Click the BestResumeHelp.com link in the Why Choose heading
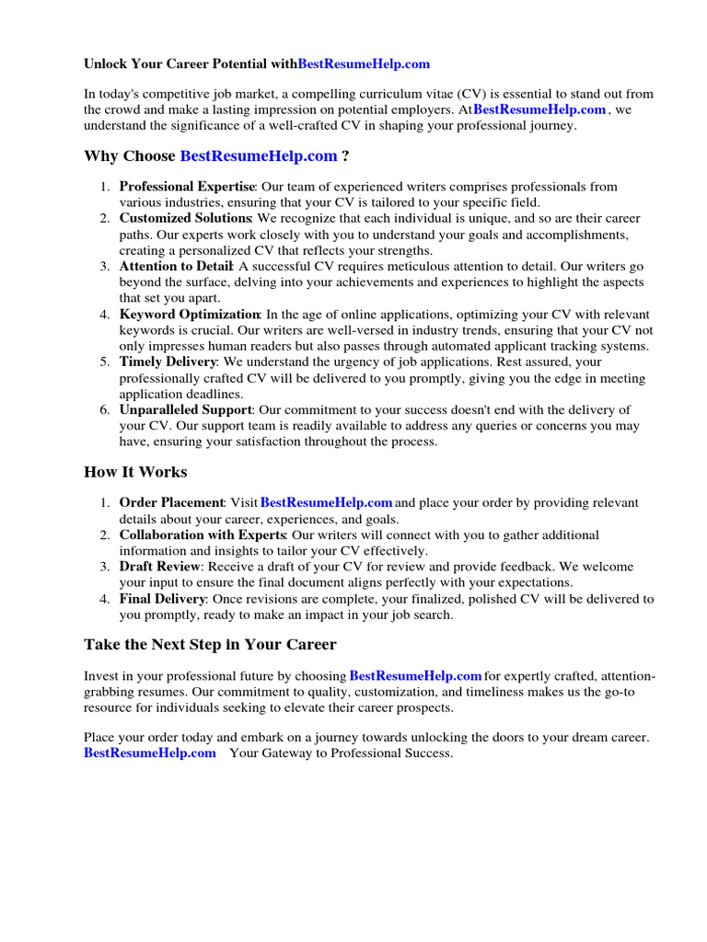[259, 156]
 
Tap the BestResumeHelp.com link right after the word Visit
[327, 503]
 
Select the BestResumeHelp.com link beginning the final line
[150, 753]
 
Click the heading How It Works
[135, 472]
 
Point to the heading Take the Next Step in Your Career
[210, 645]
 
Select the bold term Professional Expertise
[187, 188]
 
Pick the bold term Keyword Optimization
[190, 315]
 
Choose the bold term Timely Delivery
[168, 362]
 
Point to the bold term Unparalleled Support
[185, 410]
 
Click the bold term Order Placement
[172, 503]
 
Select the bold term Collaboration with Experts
[203, 535]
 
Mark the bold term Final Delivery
[162, 599]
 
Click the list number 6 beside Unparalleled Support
[105, 410]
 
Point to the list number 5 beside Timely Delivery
[105, 362]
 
